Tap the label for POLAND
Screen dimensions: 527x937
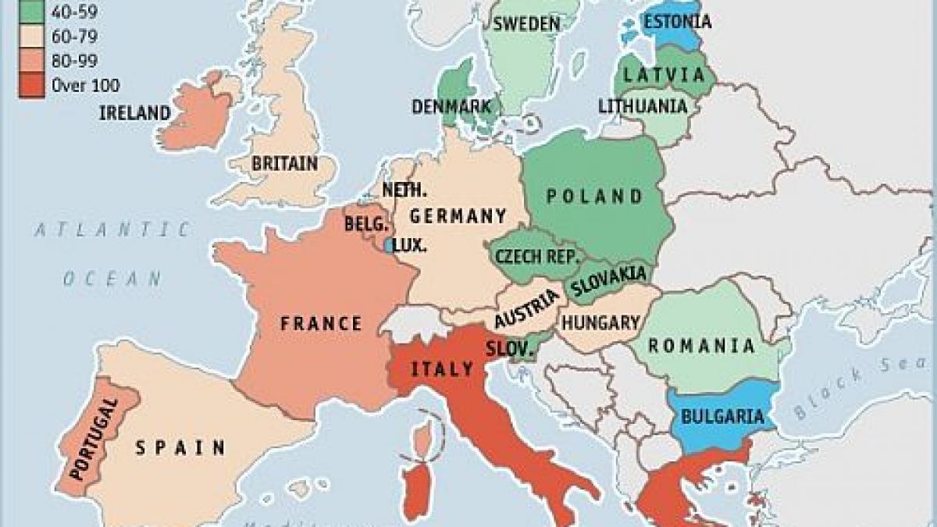coord(595,196)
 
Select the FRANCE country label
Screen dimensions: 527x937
coord(322,323)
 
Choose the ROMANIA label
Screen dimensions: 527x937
coord(702,346)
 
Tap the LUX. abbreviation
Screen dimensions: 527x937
coord(410,245)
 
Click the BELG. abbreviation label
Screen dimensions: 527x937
coord(365,224)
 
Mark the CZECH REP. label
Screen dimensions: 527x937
coord(536,256)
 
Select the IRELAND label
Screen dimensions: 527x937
coord(134,113)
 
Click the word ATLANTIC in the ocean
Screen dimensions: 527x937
coord(112,230)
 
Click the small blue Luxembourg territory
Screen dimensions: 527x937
coord(388,244)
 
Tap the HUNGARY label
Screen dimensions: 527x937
coord(600,322)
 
